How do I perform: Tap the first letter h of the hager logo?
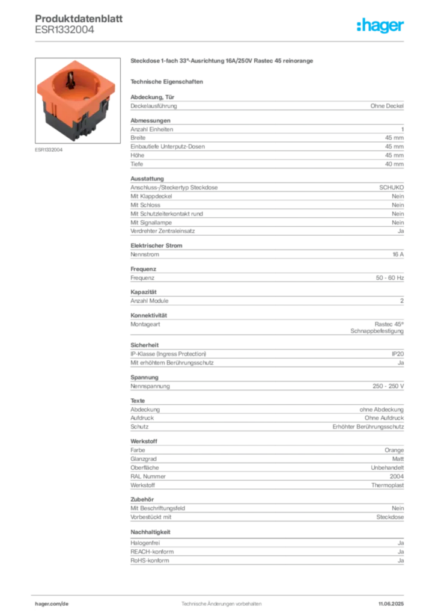point(359,26)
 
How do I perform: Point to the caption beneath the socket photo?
point(50,150)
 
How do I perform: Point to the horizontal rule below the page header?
point(221,41)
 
